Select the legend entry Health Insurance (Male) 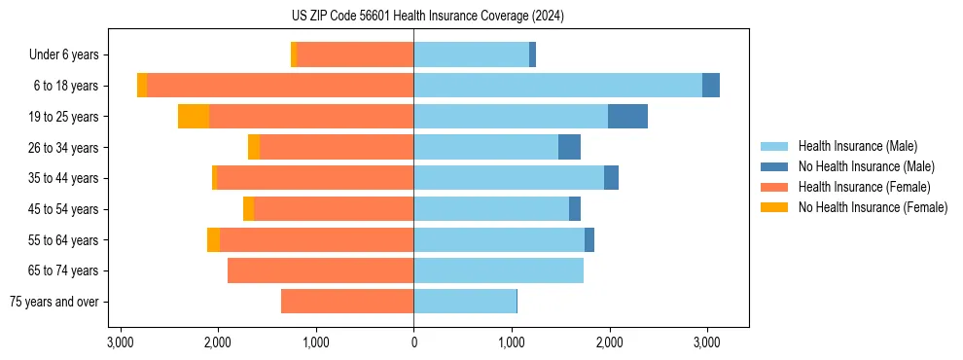tap(857, 147)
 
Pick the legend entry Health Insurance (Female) tap(864, 187)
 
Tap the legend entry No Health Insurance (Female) tap(873, 207)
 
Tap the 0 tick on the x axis tap(413, 342)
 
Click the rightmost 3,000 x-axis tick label tap(707, 342)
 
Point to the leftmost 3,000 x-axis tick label tap(120, 342)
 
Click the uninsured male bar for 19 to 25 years tap(627, 117)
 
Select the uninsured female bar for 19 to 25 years tap(194, 117)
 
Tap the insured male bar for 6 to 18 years tap(557, 86)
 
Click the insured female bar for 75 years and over tap(347, 302)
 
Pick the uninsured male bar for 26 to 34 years tap(569, 147)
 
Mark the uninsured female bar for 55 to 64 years tap(213, 239)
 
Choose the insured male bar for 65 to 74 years tap(498, 270)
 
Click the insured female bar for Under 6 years tap(355, 54)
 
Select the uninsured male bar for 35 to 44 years tap(611, 178)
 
